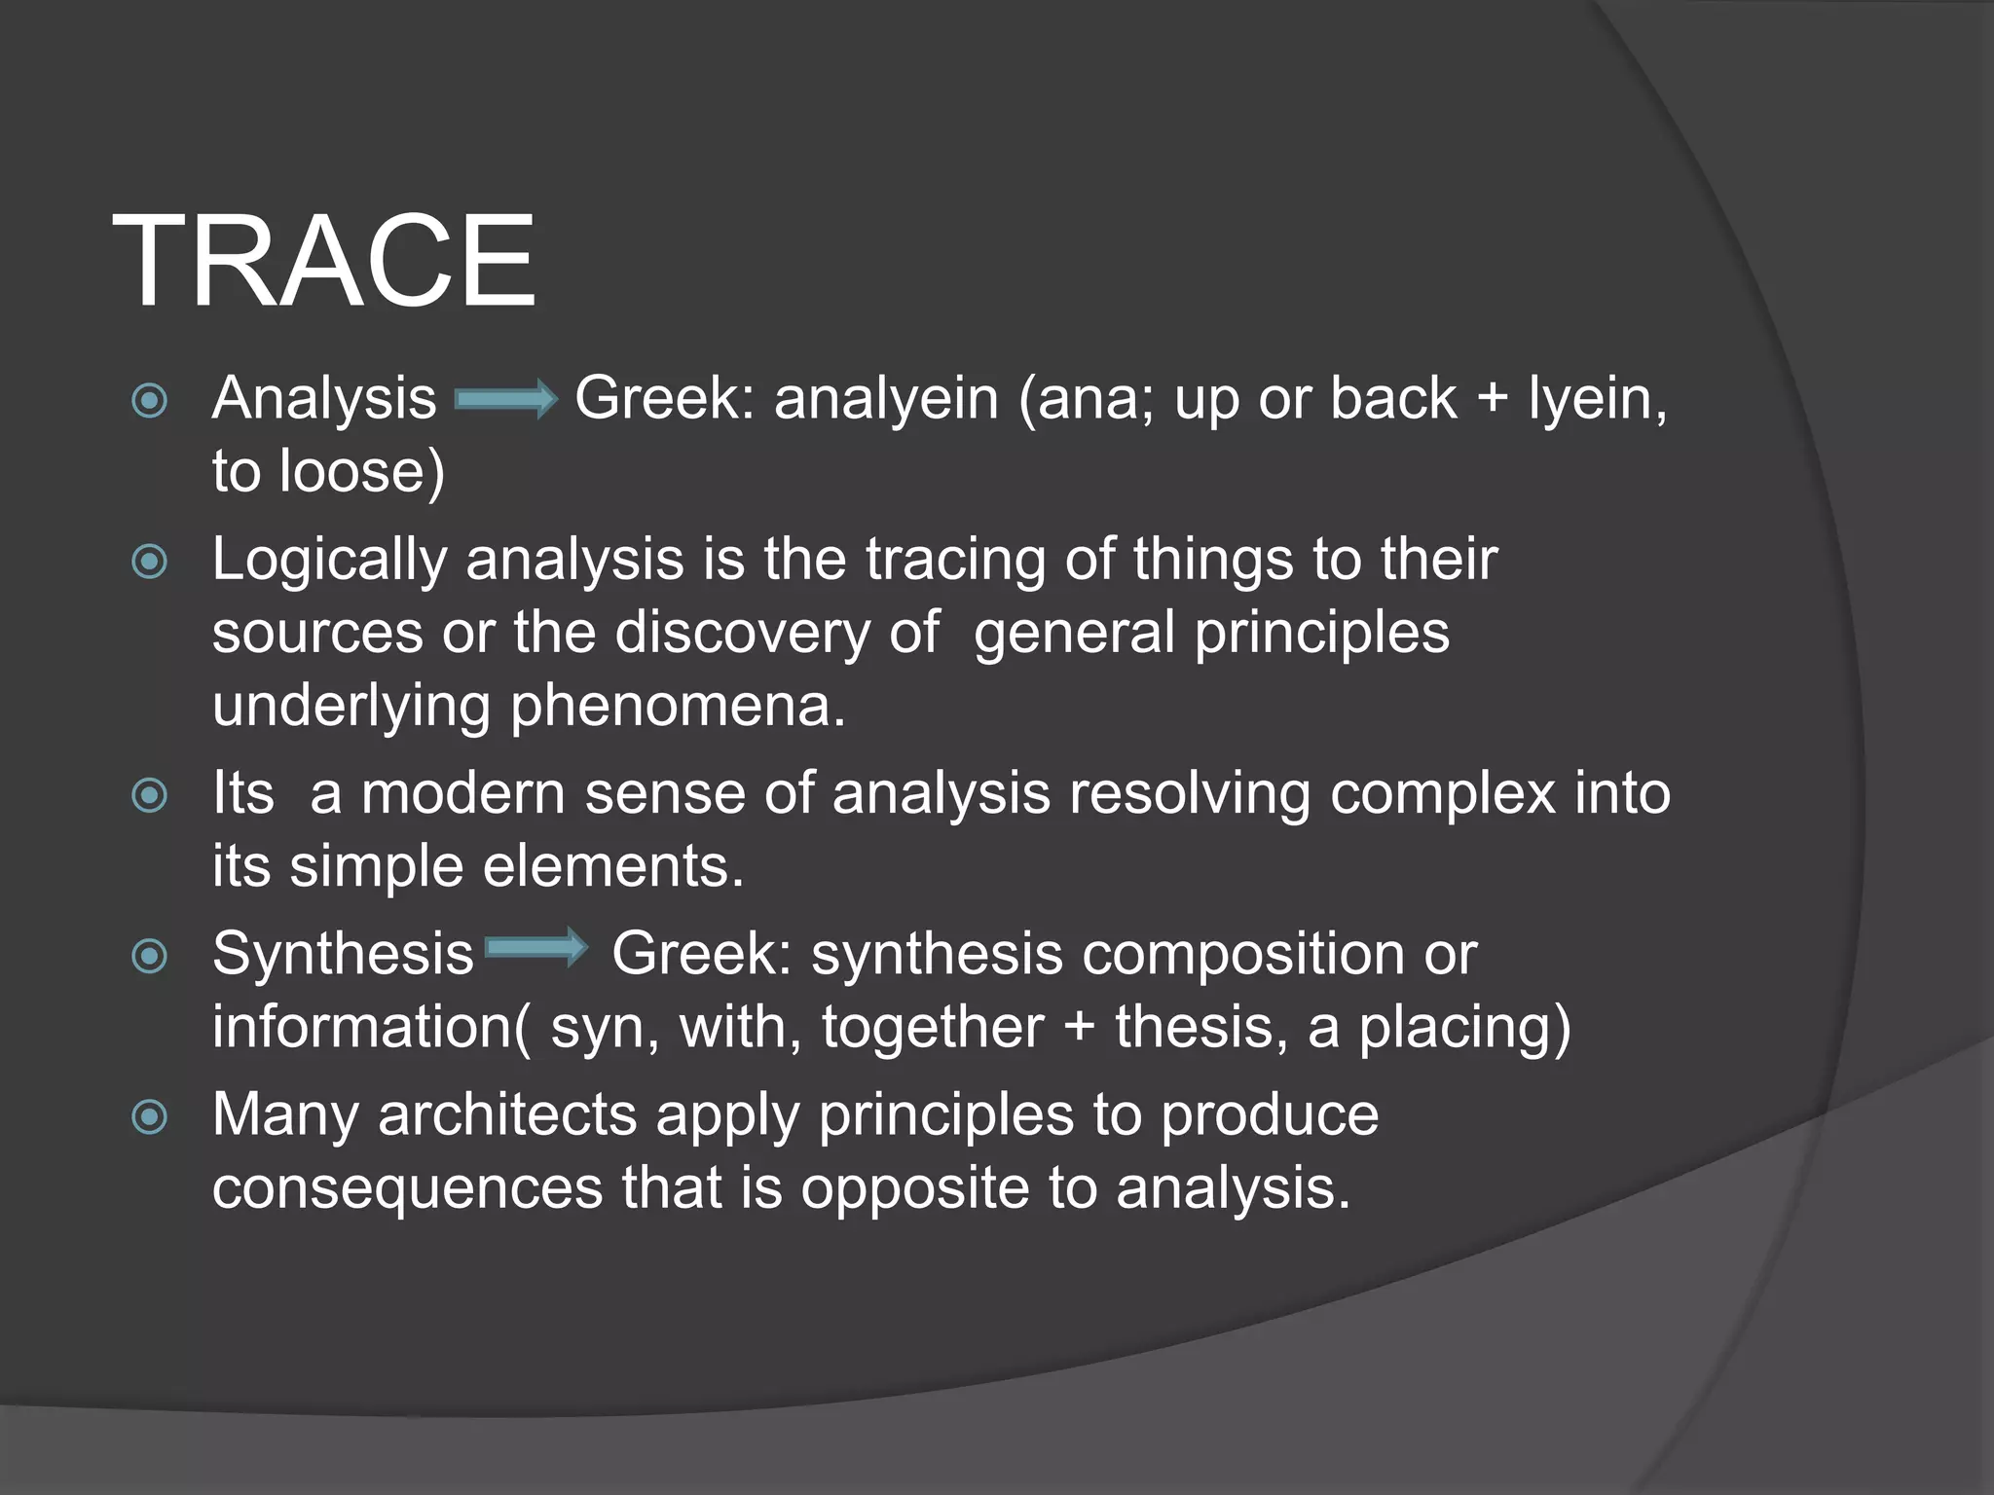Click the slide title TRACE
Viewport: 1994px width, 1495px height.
[323, 262]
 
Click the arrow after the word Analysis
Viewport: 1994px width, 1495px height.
[505, 400]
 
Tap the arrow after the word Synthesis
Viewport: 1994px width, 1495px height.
[536, 948]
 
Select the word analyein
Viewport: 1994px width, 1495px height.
[886, 400]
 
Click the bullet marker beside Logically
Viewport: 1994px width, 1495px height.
[149, 562]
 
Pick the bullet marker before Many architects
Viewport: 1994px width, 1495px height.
[149, 1116]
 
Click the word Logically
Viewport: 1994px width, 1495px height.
[329, 562]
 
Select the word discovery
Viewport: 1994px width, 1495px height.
[742, 633]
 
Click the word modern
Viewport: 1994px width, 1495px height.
[463, 793]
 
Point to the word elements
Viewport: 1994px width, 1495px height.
[613, 866]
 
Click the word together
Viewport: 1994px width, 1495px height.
[932, 1028]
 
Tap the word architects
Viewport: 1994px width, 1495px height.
[507, 1115]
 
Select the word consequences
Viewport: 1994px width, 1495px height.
[408, 1188]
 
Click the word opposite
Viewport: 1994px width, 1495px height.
[914, 1188]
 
